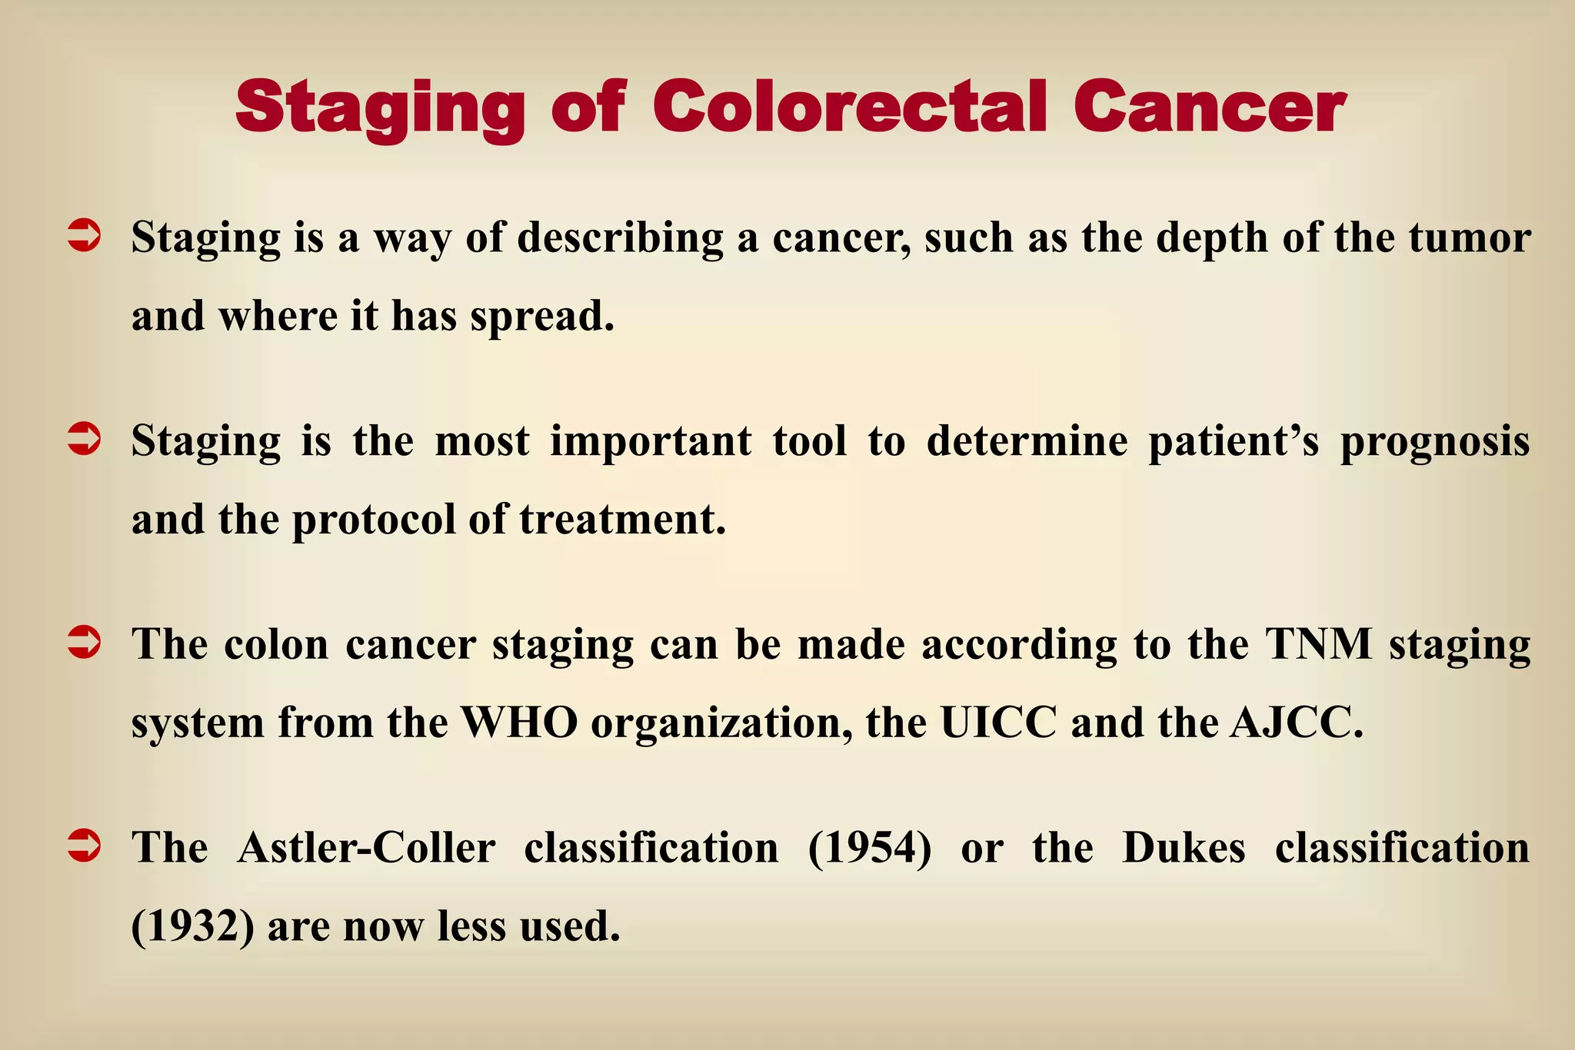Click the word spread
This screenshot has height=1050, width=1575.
point(542,317)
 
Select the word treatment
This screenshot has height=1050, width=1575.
point(622,520)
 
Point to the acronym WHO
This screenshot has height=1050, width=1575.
point(519,723)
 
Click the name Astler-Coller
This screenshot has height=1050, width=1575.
point(366,848)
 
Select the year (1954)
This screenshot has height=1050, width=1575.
point(869,848)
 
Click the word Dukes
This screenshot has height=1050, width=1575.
point(1183,848)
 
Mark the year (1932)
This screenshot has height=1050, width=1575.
point(192,926)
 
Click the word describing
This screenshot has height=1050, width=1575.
point(620,238)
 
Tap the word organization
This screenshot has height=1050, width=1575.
point(721,723)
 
